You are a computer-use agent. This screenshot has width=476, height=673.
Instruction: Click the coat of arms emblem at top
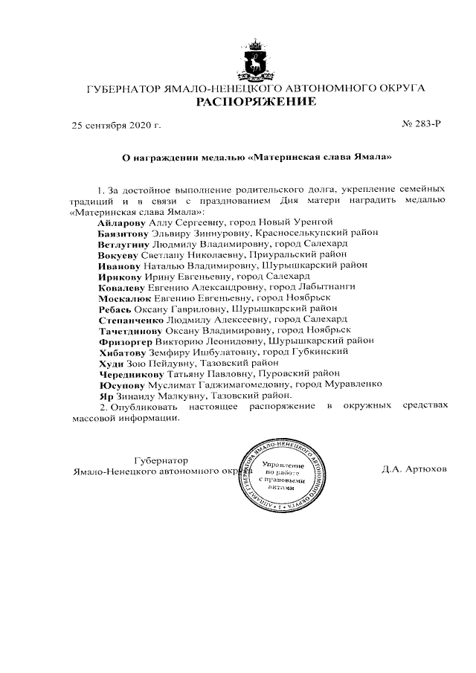point(256,59)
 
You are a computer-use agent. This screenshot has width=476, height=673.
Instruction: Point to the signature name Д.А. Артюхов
point(414,471)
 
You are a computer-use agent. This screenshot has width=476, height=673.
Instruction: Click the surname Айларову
point(122,222)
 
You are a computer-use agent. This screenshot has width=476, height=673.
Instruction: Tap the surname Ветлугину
point(123,243)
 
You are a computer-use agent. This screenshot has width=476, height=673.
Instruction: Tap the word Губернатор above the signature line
point(161,460)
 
